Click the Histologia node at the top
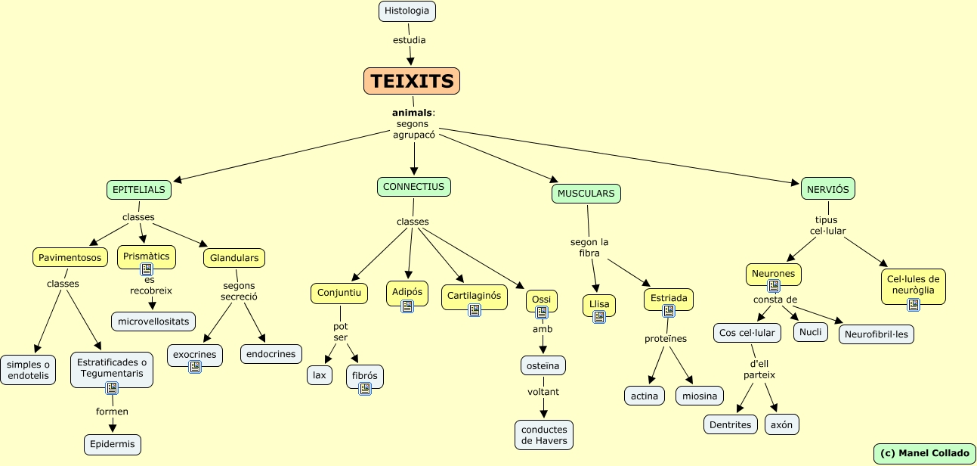(x=407, y=11)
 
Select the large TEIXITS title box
(x=412, y=81)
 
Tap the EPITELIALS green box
(x=139, y=190)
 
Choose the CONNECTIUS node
(x=413, y=187)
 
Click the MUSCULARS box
(x=586, y=194)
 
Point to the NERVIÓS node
(x=827, y=188)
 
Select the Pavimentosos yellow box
(x=70, y=258)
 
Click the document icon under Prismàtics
(x=147, y=269)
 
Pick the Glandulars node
(x=234, y=258)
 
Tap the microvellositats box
(x=153, y=322)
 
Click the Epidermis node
(x=113, y=444)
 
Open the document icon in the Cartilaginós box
(x=475, y=310)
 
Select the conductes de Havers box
(x=544, y=435)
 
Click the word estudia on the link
(x=409, y=39)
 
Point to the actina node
(x=645, y=396)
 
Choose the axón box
(x=781, y=424)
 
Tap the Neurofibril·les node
(x=877, y=334)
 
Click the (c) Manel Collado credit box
(x=924, y=453)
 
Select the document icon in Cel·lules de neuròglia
(x=914, y=304)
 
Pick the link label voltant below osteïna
(x=543, y=392)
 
